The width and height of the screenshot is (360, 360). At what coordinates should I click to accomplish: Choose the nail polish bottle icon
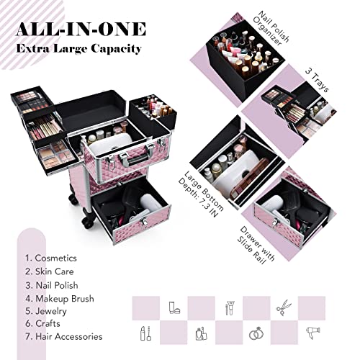pos(200,333)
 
